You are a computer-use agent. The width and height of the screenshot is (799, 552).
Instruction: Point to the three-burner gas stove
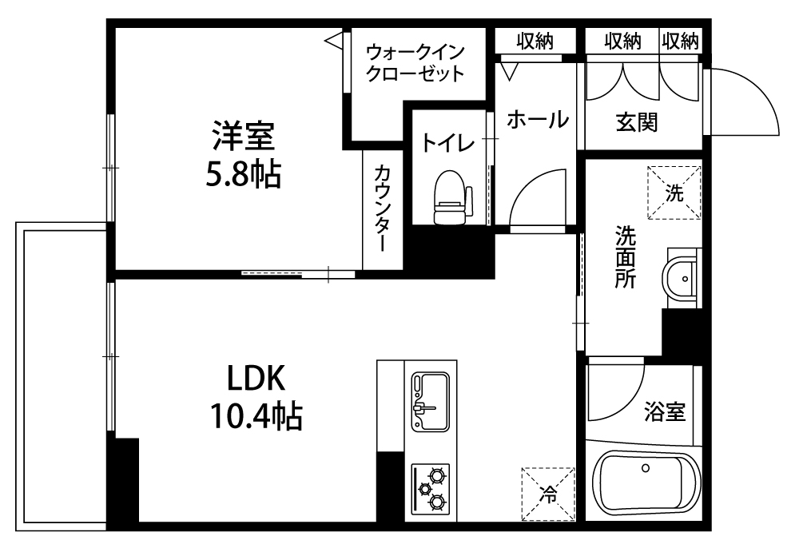(431, 488)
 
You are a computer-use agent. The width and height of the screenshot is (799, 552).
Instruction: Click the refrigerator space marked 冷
(548, 494)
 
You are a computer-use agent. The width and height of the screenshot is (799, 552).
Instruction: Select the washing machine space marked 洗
(674, 193)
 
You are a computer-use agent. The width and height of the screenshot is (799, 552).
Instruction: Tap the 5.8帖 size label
(244, 175)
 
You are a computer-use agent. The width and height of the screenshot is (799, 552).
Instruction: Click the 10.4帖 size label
(256, 416)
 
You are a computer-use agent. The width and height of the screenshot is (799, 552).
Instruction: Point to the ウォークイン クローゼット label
(415, 63)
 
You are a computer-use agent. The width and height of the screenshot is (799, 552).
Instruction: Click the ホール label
(538, 120)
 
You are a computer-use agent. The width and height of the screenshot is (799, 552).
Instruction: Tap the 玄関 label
(637, 122)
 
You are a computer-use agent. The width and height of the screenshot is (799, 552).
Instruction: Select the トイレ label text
(448, 143)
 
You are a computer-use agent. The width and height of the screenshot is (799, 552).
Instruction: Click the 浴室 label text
(665, 411)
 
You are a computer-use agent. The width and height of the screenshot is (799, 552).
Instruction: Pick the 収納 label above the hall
(535, 41)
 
